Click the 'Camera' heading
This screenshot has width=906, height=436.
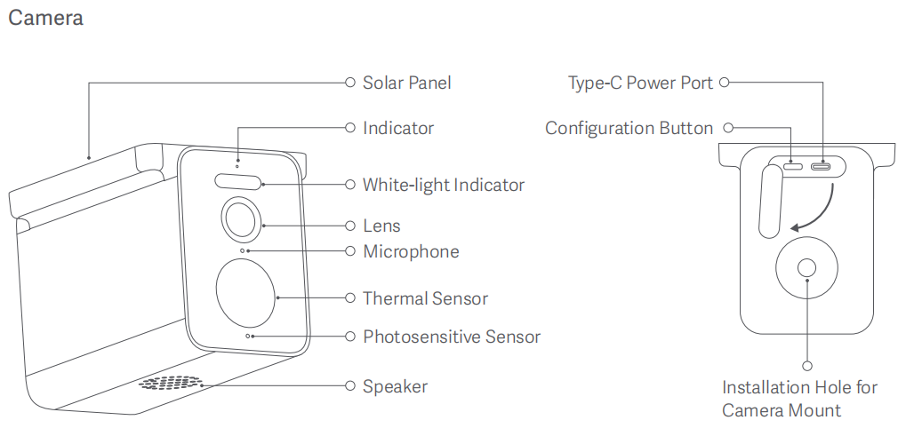coord(45,18)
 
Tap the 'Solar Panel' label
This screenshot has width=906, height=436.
coord(406,83)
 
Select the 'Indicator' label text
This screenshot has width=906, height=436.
coord(397,128)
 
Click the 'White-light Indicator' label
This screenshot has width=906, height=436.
coord(443,185)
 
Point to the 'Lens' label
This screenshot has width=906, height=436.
coord(381,226)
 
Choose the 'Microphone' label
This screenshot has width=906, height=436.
coord(411,251)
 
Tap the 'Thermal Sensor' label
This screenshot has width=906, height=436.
coord(425,298)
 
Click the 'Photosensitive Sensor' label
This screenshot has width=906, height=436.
coord(451,337)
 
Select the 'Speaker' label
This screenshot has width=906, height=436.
coord(395,386)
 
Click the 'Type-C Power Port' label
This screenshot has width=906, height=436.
coord(640,83)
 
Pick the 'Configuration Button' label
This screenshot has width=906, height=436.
coord(629,128)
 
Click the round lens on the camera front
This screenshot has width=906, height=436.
coord(238,218)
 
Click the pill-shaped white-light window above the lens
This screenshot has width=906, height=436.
coord(238,181)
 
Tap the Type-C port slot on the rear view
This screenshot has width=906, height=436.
coord(820,165)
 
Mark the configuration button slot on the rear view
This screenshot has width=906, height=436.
coord(793,165)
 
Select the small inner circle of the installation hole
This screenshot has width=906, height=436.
coord(807,268)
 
